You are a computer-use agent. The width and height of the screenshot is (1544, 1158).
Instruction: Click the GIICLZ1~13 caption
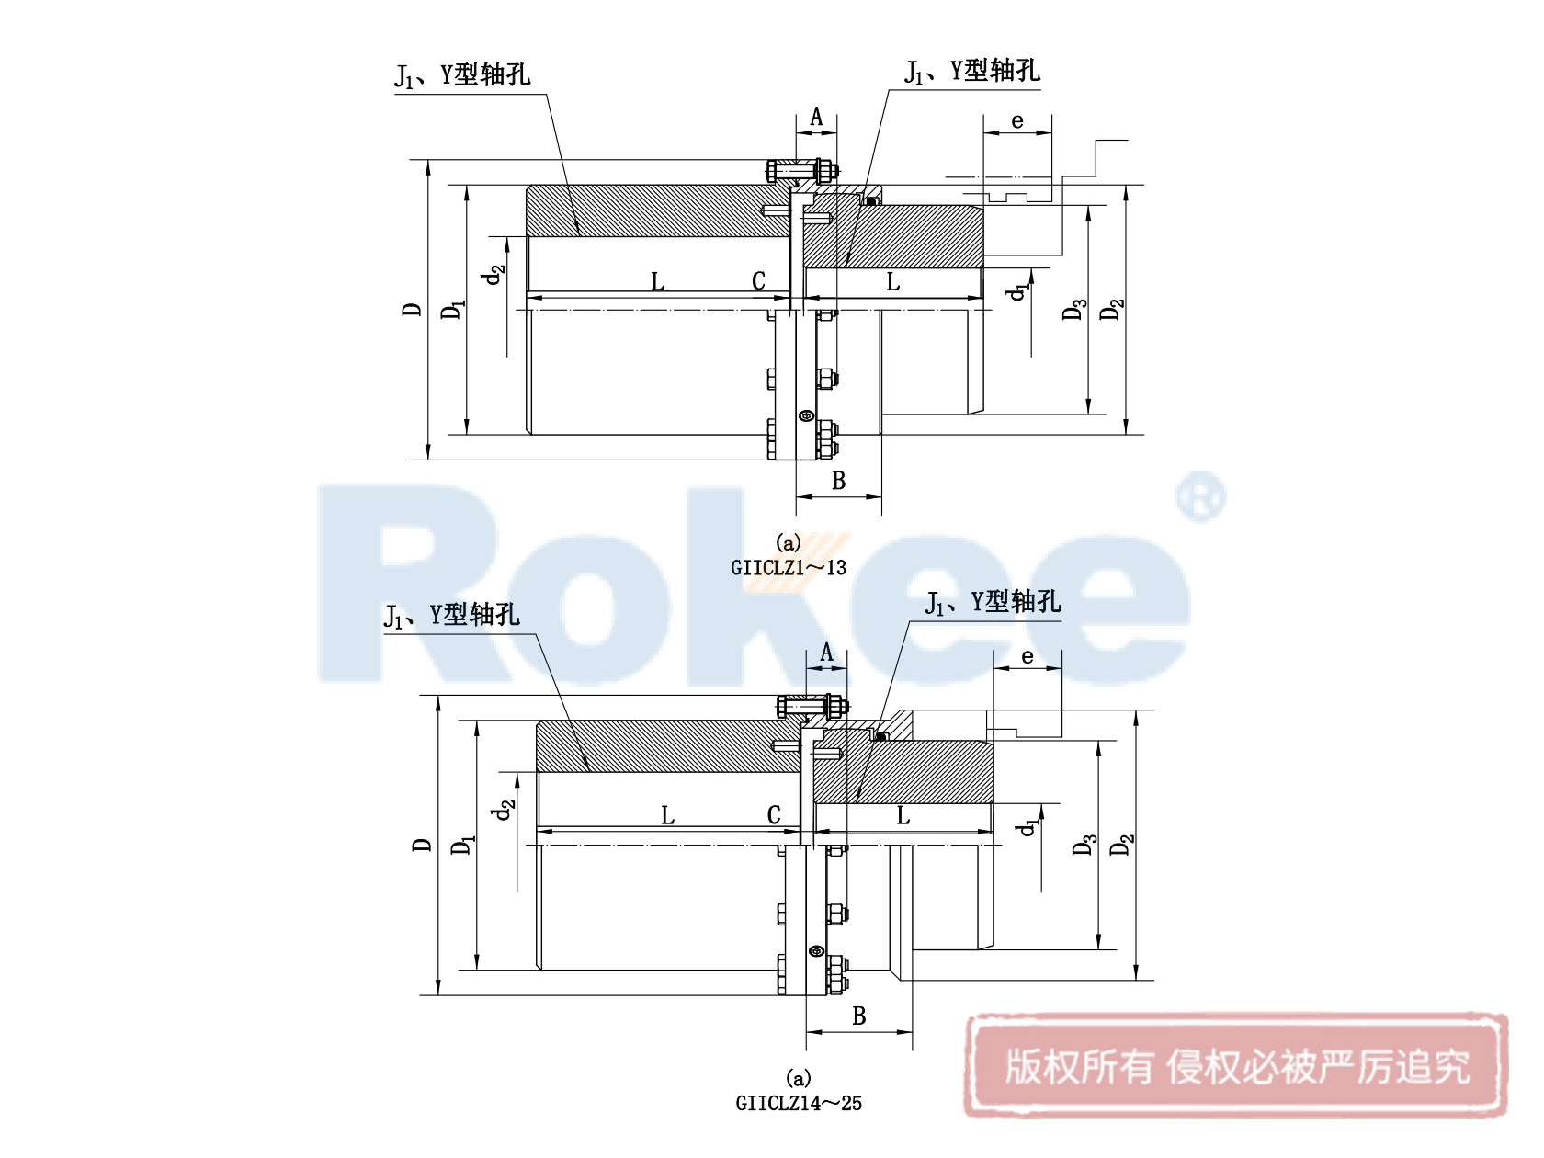click(788, 568)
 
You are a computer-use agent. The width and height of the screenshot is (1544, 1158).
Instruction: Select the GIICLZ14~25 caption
click(798, 1104)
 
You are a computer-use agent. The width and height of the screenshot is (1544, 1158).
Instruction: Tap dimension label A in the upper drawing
click(816, 118)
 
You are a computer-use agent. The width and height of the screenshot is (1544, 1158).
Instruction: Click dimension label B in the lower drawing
click(859, 1016)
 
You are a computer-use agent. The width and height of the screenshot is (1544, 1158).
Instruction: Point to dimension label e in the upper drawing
click(1017, 120)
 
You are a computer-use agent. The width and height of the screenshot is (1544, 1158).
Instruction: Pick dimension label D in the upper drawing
click(412, 310)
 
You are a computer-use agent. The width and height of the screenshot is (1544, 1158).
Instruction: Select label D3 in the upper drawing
click(1073, 310)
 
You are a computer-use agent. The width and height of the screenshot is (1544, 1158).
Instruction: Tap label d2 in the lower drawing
click(503, 810)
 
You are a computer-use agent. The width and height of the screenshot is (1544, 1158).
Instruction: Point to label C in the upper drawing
click(758, 281)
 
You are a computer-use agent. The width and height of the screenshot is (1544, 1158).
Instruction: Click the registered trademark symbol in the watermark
click(1200, 497)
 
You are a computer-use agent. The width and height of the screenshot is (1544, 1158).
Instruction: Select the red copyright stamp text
click(1236, 1067)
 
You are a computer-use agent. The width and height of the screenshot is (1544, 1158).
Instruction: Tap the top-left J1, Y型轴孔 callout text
click(462, 74)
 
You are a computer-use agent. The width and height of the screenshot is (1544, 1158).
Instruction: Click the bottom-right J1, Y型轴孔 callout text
click(993, 602)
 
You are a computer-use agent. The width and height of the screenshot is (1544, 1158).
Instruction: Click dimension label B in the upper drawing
click(838, 481)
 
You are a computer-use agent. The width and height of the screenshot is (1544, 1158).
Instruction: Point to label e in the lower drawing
click(1027, 656)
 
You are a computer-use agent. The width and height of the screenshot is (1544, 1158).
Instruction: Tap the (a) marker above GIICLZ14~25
click(798, 1077)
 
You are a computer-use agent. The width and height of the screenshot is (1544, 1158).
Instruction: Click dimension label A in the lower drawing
click(826, 653)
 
